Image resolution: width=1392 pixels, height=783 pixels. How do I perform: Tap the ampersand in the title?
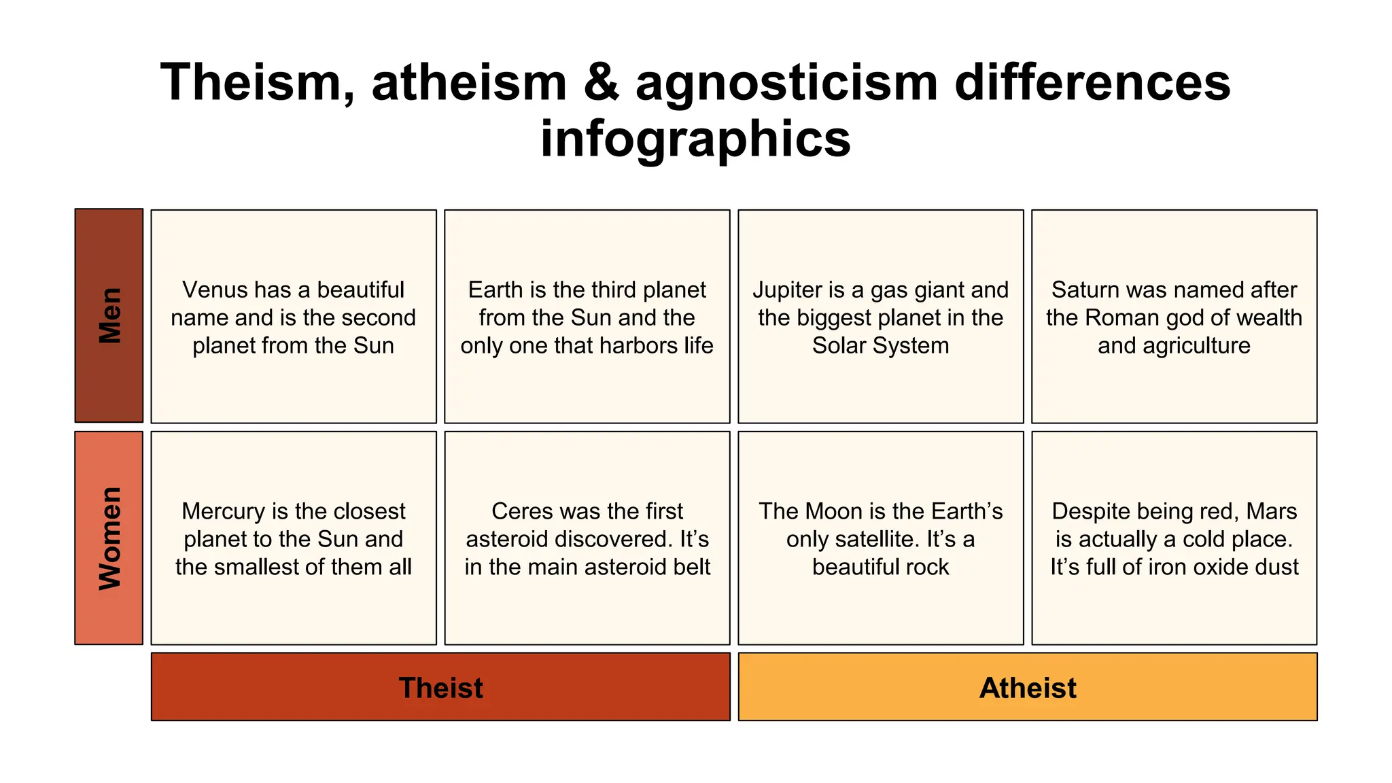pyautogui.click(x=601, y=82)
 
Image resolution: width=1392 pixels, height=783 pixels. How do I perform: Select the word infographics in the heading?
pyautogui.click(x=695, y=139)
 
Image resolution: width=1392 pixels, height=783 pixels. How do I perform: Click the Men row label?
pyautogui.click(x=109, y=315)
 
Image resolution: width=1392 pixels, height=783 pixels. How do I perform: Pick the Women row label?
pyautogui.click(x=109, y=538)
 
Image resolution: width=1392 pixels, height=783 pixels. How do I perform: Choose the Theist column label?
pyautogui.click(x=440, y=687)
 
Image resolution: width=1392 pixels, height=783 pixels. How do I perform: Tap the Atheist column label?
pyautogui.click(x=1028, y=687)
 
